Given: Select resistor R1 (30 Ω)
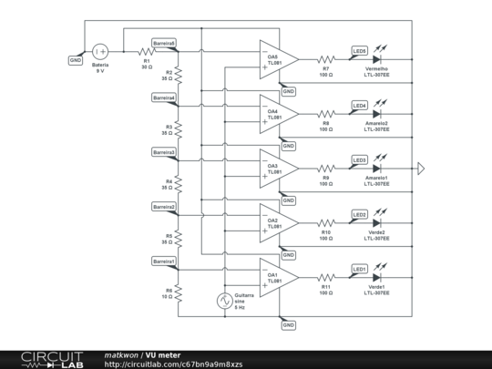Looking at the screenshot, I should click(x=146, y=53).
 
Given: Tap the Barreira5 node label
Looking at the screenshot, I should click(x=164, y=42).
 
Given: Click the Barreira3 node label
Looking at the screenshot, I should click(x=164, y=151).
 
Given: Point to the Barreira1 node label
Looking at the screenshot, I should click(x=164, y=261).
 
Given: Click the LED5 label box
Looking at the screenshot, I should click(x=359, y=51).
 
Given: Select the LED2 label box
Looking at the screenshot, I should click(x=359, y=215).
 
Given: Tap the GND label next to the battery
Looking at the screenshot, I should click(x=76, y=60).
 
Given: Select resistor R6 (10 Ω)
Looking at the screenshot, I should click(x=179, y=293).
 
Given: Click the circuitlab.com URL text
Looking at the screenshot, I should click(x=173, y=364).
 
